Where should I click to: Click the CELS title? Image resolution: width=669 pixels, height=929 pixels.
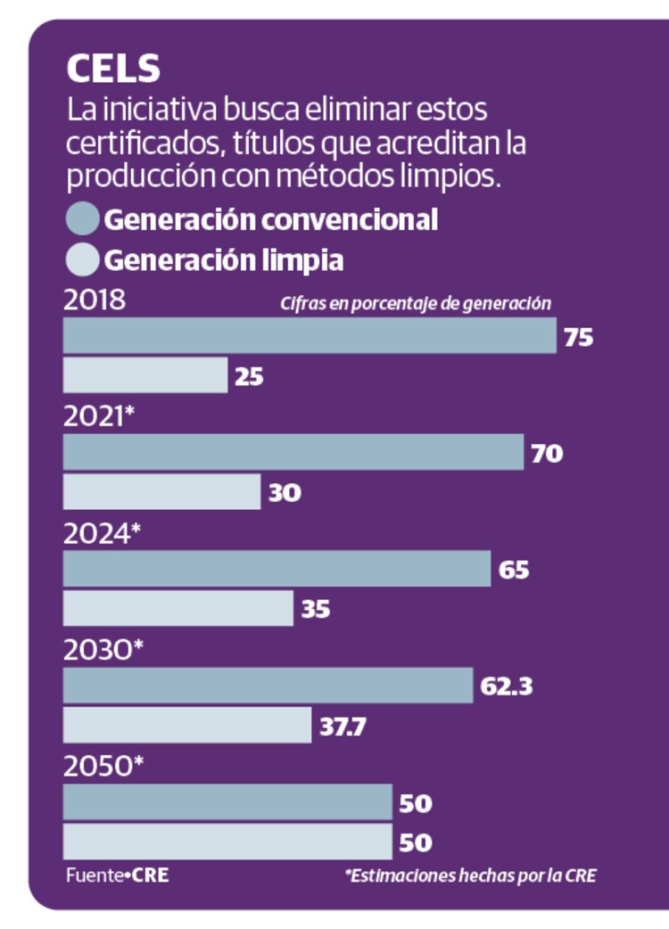click(112, 70)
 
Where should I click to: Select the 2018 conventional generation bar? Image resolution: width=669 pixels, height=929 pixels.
click(310, 336)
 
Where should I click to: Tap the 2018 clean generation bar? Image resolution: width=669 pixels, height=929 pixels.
click(145, 375)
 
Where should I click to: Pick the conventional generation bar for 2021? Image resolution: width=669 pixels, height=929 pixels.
click(293, 452)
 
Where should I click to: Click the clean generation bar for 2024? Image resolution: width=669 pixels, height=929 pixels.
click(178, 608)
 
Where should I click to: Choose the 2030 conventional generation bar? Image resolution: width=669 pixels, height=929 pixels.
click(268, 686)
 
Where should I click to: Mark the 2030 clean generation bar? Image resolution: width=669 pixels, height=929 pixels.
click(187, 725)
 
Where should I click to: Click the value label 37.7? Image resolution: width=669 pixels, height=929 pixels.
click(343, 727)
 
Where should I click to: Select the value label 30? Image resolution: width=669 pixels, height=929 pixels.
click(285, 492)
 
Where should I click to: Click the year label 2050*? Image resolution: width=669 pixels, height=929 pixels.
click(103, 768)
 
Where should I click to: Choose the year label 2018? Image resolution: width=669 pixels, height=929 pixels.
click(95, 300)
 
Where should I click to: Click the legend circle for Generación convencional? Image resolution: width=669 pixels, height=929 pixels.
click(82, 219)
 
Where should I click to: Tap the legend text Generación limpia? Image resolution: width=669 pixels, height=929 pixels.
click(224, 260)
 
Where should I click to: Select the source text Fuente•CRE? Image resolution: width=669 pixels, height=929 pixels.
click(117, 876)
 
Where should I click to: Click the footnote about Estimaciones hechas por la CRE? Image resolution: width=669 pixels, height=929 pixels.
click(470, 876)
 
